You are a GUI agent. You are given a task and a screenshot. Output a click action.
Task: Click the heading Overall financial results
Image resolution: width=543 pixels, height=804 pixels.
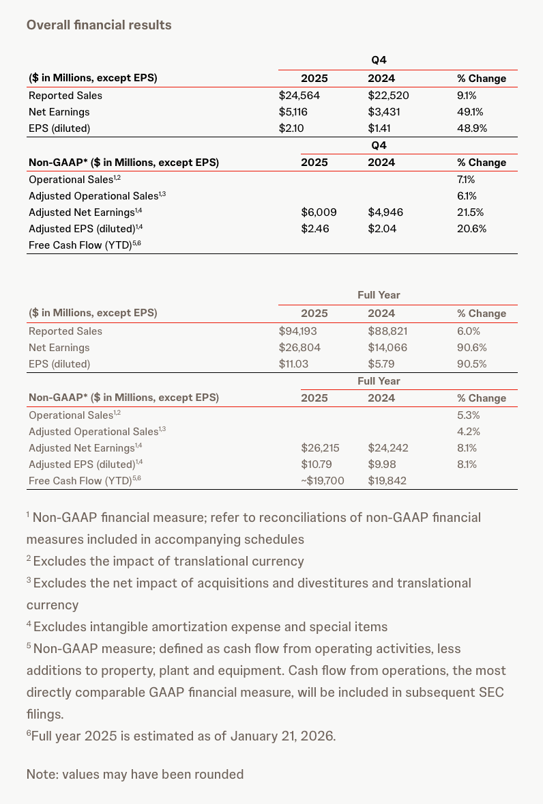coord(99,25)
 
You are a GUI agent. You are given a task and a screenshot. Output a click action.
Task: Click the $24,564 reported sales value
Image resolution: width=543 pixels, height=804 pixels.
coord(300,96)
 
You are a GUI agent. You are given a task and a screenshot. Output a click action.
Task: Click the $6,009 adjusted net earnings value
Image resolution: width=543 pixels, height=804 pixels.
coord(319,212)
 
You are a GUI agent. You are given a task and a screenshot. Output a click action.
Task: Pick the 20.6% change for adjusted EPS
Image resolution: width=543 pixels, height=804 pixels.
coord(471,229)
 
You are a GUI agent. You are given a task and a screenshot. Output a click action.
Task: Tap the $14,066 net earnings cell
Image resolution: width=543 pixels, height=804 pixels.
coord(388,348)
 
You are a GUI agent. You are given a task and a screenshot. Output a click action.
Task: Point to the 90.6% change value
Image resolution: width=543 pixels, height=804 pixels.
coord(471,348)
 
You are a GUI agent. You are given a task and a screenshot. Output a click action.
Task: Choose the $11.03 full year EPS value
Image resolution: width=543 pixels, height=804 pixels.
coord(294,364)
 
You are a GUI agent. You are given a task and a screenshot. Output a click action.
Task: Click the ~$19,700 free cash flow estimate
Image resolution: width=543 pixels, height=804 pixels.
coord(322,481)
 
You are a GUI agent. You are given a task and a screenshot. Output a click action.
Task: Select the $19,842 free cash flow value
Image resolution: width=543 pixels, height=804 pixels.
coord(387,481)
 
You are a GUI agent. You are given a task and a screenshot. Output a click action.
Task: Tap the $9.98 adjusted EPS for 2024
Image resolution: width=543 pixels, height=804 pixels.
coord(382,465)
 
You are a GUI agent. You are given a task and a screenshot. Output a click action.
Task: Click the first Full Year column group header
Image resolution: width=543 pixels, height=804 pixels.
coord(379,295)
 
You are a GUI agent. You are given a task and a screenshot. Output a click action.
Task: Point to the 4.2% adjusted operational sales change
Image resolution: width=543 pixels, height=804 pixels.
coord(469,432)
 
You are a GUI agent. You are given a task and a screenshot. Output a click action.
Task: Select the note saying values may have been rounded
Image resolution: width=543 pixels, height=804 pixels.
coord(135,775)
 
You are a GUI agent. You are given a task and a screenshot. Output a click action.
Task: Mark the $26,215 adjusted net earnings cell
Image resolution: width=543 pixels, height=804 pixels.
coord(320,448)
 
